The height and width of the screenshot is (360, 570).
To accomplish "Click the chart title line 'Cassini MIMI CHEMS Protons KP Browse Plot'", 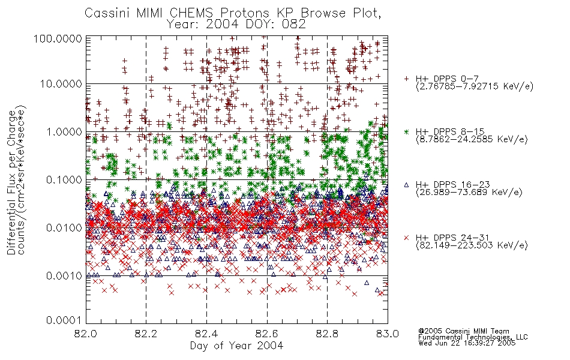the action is [x=233, y=13].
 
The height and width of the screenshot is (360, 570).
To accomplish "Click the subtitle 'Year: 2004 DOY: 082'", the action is [x=236, y=25].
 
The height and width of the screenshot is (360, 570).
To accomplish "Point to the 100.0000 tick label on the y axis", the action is [x=58, y=38].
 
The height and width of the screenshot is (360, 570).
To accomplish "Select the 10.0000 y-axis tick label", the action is [x=61, y=84].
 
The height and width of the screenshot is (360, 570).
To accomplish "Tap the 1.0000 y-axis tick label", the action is [x=64, y=131].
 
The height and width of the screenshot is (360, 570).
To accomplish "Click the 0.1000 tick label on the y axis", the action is [x=64, y=179].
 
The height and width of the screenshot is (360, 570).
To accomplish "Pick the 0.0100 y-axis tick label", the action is [x=64, y=227].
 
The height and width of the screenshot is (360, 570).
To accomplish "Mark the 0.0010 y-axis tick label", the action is [x=64, y=275].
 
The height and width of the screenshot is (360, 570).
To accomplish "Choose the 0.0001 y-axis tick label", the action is [x=64, y=320].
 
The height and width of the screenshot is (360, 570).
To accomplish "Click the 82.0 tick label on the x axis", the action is [x=86, y=334].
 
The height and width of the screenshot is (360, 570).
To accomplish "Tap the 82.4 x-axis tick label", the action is [x=207, y=334].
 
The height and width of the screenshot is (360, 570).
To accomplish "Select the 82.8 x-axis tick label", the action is [x=328, y=334].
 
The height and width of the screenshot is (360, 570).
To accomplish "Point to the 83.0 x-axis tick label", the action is [x=388, y=334].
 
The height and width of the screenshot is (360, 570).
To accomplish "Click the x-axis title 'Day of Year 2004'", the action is [x=236, y=346].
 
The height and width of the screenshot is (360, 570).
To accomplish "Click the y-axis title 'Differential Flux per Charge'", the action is [x=12, y=182].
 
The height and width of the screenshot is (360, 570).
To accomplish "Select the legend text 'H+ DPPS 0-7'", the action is [x=447, y=79].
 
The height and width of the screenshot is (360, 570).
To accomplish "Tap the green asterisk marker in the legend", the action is [x=406, y=131].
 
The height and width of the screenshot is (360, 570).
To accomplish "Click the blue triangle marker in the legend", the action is [x=406, y=185].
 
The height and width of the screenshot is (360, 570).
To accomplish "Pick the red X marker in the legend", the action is [x=406, y=238].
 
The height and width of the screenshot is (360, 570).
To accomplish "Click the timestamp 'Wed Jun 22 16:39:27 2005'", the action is [x=467, y=343].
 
